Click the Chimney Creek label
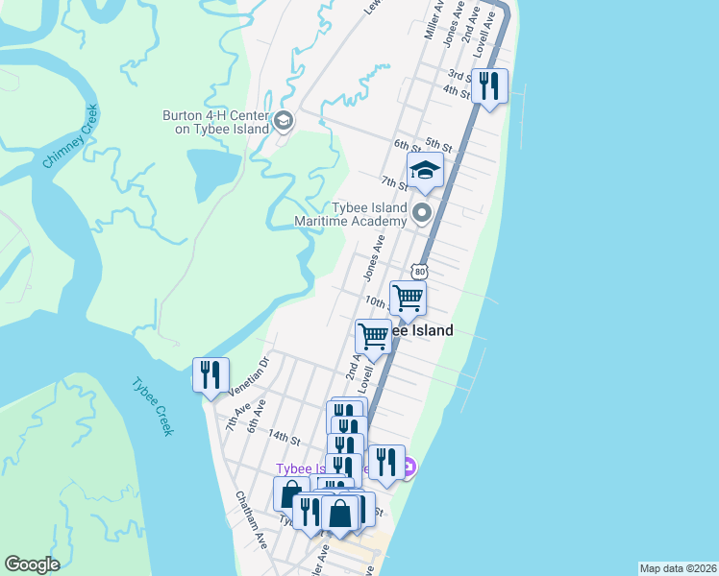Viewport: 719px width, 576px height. [x=71, y=135]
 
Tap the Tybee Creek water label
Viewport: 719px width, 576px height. [x=153, y=406]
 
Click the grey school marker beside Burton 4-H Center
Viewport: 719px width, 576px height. [x=283, y=121]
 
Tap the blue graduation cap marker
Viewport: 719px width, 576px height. [x=425, y=172]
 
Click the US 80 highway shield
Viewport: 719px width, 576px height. [x=418, y=271]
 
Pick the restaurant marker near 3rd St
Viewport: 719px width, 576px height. [x=491, y=87]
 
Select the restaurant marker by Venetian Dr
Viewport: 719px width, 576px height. [x=211, y=374]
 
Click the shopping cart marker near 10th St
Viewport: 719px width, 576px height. [x=409, y=300]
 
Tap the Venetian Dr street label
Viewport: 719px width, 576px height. [x=252, y=375]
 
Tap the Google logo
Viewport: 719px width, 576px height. [x=32, y=564]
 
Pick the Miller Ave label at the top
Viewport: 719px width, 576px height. [x=433, y=18]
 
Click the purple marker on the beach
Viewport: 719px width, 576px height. [x=409, y=468]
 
